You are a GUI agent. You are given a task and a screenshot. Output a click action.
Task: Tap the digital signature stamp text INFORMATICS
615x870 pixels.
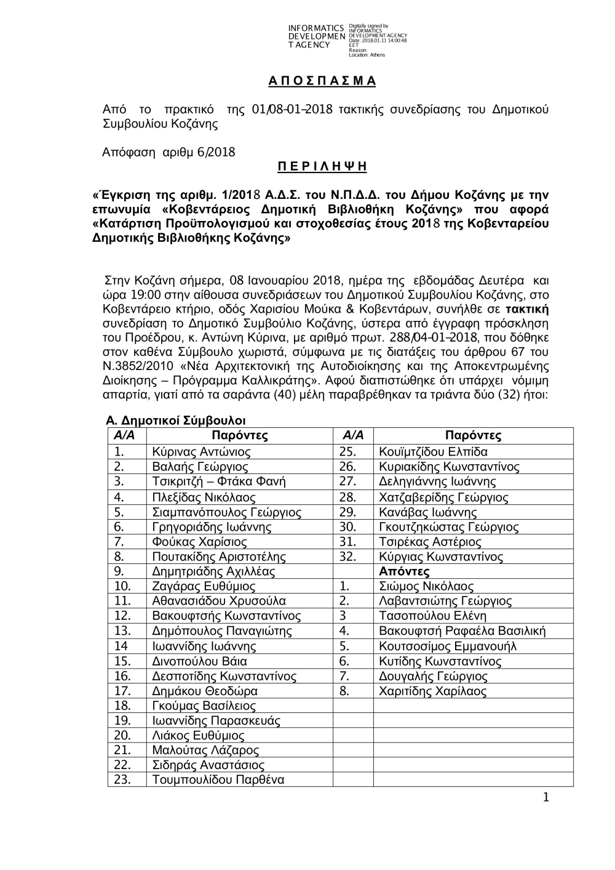tap(316, 28)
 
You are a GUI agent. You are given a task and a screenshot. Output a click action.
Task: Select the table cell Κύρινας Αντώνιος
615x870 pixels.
tap(201, 451)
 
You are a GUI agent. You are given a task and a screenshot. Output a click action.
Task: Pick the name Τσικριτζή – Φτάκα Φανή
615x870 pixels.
tap(218, 481)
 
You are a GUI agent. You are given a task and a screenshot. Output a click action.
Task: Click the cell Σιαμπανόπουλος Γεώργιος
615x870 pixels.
tap(226, 512)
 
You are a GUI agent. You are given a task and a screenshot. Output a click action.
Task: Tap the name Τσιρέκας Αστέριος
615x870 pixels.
tap(430, 542)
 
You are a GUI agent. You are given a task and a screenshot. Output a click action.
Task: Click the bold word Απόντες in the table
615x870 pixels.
tap(404, 571)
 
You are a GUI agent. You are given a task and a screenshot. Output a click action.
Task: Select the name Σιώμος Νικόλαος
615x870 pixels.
tap(426, 586)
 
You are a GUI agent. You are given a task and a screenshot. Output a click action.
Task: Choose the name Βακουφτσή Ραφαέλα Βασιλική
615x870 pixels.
tap(462, 631)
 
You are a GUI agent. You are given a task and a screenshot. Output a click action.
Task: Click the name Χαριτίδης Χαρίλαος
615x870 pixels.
tap(432, 691)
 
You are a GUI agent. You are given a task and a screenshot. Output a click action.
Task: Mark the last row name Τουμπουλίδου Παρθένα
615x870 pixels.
tap(218, 780)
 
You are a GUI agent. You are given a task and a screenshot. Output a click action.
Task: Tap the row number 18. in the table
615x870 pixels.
tap(123, 706)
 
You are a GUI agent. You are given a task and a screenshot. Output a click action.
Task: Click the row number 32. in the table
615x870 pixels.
tap(348, 557)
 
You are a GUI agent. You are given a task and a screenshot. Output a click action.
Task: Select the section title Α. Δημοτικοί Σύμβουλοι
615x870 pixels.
tap(176, 421)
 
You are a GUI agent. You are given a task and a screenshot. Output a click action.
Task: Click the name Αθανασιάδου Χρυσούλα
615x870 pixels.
tap(218, 601)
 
